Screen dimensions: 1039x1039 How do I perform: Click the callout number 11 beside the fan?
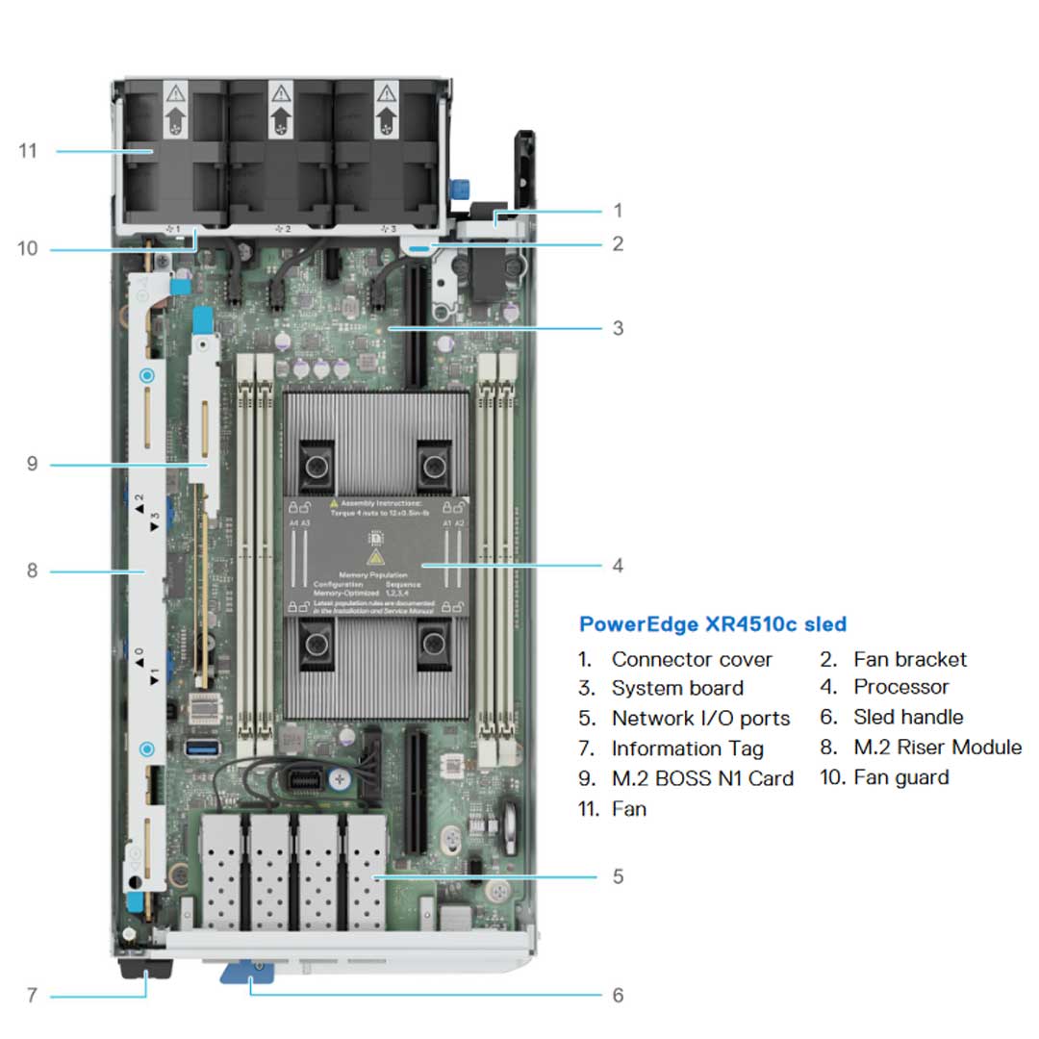point(28,151)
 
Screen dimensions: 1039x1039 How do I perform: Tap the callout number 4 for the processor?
point(618,566)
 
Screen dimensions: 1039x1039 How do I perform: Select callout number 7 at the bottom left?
point(32,995)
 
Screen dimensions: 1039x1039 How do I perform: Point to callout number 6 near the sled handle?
point(618,995)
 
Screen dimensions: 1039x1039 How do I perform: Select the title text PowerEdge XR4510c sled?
point(713,624)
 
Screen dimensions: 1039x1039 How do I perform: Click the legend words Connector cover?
point(692,660)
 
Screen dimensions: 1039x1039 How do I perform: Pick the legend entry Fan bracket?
point(910,660)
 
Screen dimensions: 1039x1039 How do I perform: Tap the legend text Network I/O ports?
point(700,719)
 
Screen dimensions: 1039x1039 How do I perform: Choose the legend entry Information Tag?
point(688,748)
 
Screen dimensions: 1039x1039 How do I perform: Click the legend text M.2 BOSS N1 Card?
point(702,778)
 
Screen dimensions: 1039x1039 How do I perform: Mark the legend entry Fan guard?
point(901,777)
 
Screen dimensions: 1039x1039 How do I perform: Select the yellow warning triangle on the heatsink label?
point(376,558)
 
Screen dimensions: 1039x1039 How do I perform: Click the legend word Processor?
point(901,688)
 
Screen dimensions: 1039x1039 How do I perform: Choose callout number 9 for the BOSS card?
point(32,465)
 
